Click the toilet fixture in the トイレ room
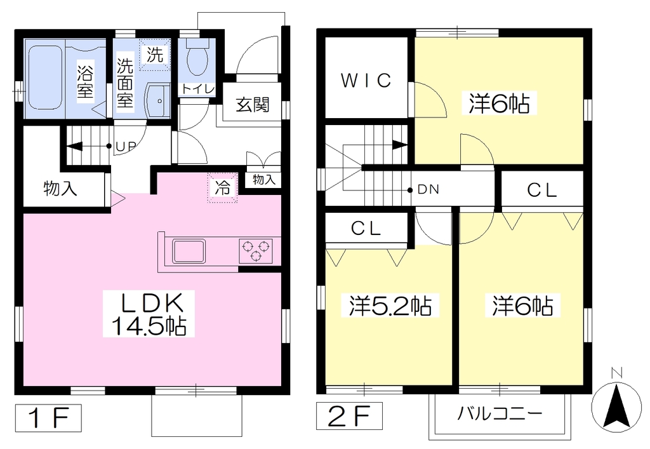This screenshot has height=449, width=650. click(x=197, y=58)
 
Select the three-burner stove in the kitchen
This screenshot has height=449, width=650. click(x=255, y=251)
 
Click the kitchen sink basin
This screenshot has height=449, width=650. click(x=189, y=251)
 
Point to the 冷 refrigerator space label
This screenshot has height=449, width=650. click(x=223, y=188)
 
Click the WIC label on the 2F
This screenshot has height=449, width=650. click(x=366, y=81)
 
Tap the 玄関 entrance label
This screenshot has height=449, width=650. click(x=253, y=105)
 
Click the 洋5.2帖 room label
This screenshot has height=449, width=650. click(x=390, y=306)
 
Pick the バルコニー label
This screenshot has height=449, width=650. click(x=500, y=414)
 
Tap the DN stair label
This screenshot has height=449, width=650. click(x=428, y=190)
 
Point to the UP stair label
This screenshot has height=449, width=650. click(x=125, y=146)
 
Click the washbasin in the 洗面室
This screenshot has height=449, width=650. click(x=158, y=101)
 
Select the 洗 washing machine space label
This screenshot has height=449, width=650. click(x=155, y=55)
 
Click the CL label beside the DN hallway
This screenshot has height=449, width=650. click(x=542, y=191)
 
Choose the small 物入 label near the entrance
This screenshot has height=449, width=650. click(x=264, y=180)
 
